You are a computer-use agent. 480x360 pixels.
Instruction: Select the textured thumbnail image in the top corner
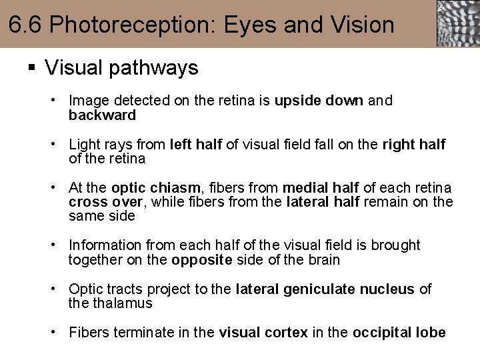pos(458,23)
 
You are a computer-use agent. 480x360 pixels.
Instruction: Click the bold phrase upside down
pos(319,101)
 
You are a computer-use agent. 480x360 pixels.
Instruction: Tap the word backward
pos(102,115)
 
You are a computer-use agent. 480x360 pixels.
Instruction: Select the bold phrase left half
pos(196,145)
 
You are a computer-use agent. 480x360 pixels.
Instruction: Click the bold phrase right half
pos(413,145)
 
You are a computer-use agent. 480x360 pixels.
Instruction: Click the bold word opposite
pos(200,260)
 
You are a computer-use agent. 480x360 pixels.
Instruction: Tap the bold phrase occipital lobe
pos(399,333)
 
